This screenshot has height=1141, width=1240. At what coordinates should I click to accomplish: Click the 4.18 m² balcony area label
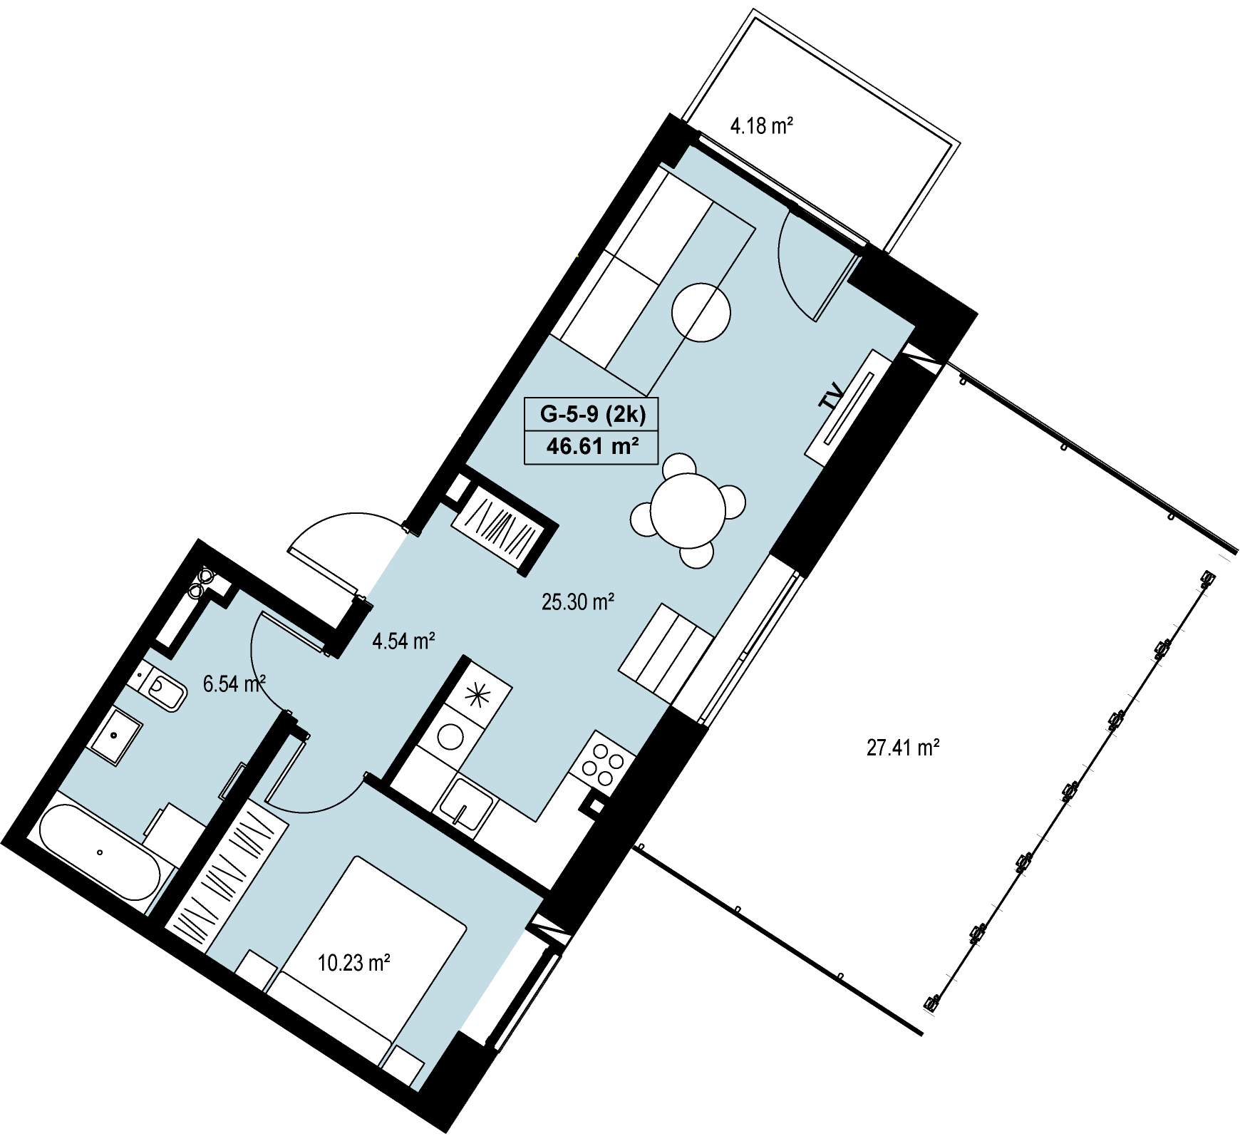click(x=762, y=126)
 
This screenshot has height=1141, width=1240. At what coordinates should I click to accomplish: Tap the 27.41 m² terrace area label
click(x=903, y=748)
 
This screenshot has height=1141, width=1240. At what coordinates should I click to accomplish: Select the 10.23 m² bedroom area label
click(x=353, y=964)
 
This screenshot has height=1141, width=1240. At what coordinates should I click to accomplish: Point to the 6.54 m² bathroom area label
click(x=234, y=684)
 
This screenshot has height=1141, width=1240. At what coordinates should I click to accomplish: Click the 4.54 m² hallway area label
click(x=403, y=641)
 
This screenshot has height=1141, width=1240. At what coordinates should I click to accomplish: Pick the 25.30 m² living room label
click(x=578, y=602)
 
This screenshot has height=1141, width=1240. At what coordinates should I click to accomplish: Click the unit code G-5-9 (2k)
click(x=593, y=414)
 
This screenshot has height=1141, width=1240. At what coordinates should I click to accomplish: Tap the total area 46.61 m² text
click(x=592, y=446)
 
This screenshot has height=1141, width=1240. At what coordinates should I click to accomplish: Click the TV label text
click(x=832, y=395)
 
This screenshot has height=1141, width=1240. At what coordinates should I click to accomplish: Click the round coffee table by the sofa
click(x=701, y=312)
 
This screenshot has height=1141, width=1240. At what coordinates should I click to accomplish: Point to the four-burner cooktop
click(x=603, y=763)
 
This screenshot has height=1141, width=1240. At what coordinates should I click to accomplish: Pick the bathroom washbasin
click(x=115, y=736)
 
